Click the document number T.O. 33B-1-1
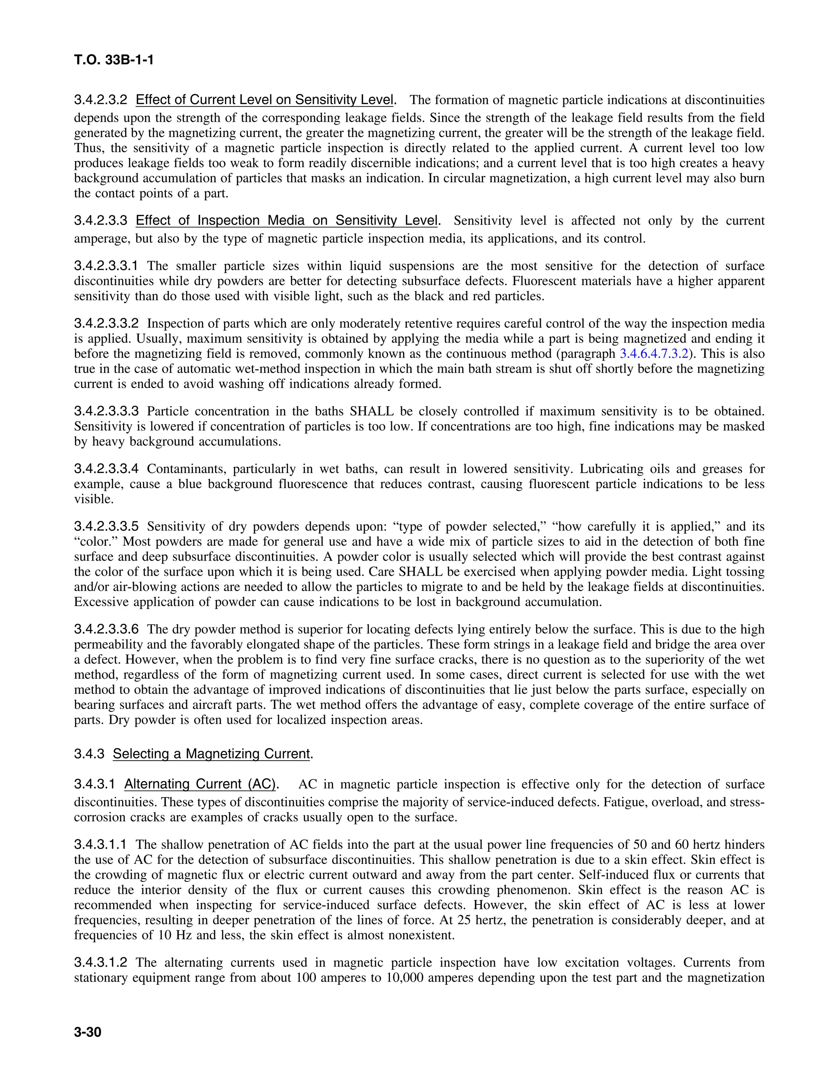pos(114,60)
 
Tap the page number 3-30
pos(88,1033)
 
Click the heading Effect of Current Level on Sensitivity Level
pos(264,100)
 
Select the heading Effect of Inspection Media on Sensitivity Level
pos(287,220)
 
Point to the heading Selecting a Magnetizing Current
pos(211,754)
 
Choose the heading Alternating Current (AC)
pos(200,784)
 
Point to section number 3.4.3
pos(89,754)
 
